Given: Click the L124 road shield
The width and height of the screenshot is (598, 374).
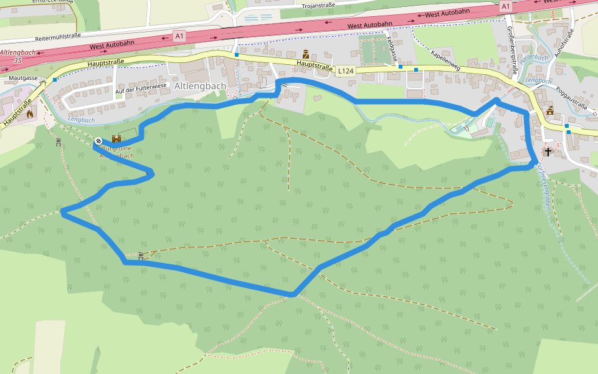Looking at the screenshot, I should pyautogui.click(x=346, y=71).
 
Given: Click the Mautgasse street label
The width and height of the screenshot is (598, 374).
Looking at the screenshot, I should pyautogui.click(x=23, y=78).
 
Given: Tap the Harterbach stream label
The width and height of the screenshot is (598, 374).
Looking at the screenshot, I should pyautogui.click(x=533, y=57).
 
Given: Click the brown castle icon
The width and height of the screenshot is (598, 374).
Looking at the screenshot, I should pyautogui.click(x=116, y=139).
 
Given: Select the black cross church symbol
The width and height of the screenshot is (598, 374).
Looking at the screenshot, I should pyautogui.click(x=548, y=151).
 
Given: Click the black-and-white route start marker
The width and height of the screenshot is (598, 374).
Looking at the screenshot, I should pyautogui.click(x=98, y=141).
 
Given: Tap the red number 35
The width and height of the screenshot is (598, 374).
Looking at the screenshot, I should pyautogui.click(x=17, y=60).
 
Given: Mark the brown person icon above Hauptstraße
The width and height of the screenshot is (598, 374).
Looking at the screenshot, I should pyautogui.click(x=306, y=54).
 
